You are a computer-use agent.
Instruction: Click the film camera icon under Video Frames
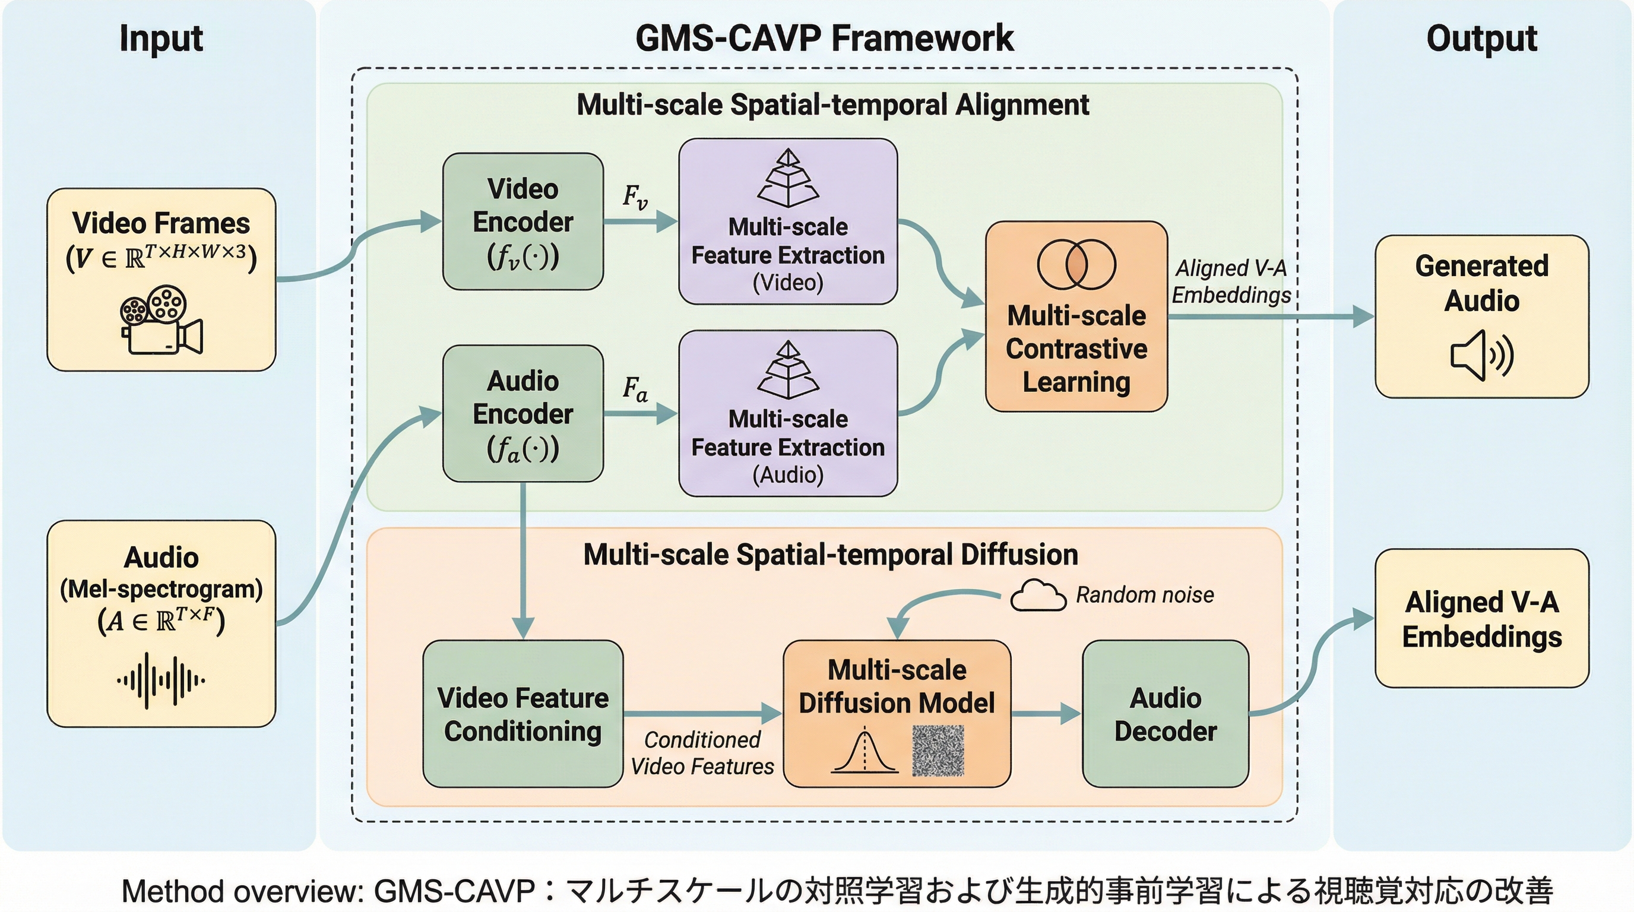(161, 321)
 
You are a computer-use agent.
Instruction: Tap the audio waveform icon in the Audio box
(161, 680)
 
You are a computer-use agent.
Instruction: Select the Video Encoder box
(522, 221)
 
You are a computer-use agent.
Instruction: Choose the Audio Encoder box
(522, 413)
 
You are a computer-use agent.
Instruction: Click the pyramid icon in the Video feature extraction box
(788, 178)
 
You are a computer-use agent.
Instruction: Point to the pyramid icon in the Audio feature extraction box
(788, 370)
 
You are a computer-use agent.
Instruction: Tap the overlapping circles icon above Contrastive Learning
(1076, 264)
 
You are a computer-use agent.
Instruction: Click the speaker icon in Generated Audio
(1482, 355)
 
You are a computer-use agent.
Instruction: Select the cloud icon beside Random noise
(1038, 596)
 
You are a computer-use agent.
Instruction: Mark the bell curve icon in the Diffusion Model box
(864, 752)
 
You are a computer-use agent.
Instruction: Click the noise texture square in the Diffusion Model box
(938, 751)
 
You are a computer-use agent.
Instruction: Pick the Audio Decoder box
(1166, 714)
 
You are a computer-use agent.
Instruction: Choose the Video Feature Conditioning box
(522, 714)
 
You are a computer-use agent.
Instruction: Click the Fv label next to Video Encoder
(635, 197)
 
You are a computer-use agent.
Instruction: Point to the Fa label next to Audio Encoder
(635, 389)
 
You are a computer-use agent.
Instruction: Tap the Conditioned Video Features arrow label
(702, 753)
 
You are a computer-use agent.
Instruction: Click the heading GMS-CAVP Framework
(824, 38)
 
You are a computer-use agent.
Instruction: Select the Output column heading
(1482, 38)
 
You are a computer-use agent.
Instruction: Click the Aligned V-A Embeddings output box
(1482, 618)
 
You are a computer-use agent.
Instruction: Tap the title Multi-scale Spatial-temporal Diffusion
(830, 555)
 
